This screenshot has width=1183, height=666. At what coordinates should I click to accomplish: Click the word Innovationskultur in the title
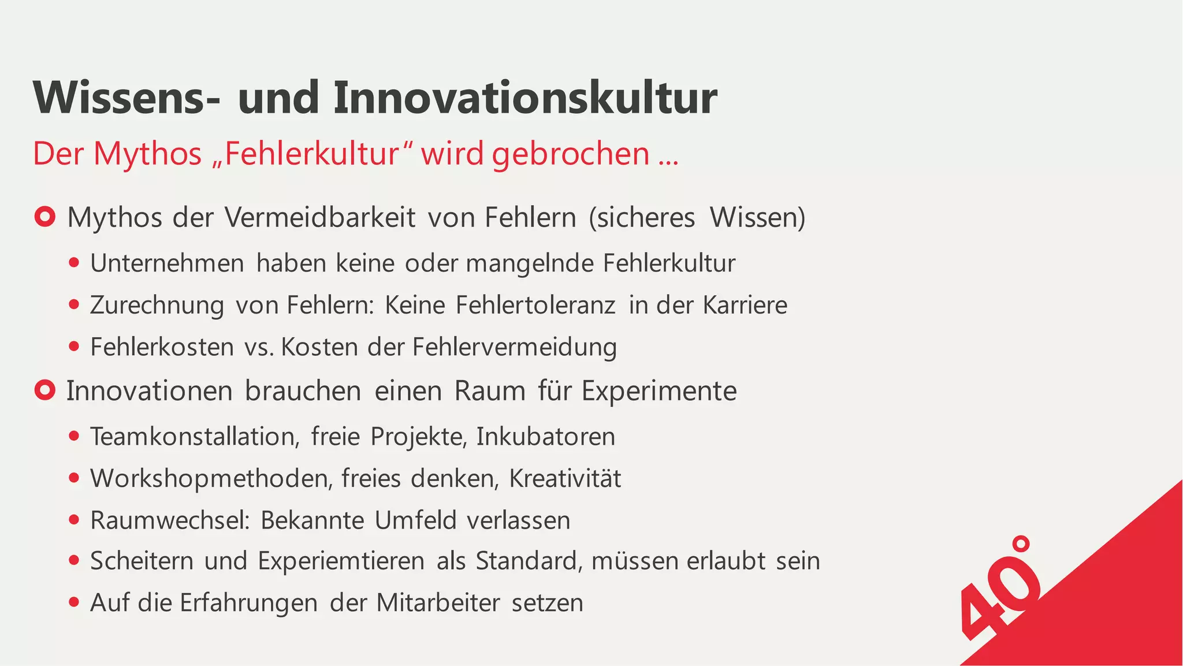pyautogui.click(x=524, y=98)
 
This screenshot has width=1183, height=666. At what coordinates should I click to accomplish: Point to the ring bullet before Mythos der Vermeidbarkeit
pyautogui.click(x=44, y=217)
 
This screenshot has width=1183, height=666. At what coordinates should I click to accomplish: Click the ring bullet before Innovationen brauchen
pyautogui.click(x=44, y=390)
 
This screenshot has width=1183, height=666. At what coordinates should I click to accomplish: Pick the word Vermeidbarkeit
pyautogui.click(x=320, y=218)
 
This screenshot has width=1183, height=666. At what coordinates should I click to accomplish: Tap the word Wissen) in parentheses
pyautogui.click(x=757, y=218)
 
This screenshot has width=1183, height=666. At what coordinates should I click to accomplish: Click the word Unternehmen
pyautogui.click(x=167, y=263)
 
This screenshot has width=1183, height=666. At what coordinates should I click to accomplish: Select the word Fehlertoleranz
pyautogui.click(x=535, y=305)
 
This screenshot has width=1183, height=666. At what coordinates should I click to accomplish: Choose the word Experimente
pyautogui.click(x=659, y=391)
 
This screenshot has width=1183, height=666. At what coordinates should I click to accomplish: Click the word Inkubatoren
pyautogui.click(x=546, y=436)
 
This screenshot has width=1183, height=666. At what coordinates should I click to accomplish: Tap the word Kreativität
pyautogui.click(x=565, y=478)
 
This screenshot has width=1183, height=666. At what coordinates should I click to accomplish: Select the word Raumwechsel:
pyautogui.click(x=170, y=520)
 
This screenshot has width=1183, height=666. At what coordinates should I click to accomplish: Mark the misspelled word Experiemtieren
pyautogui.click(x=341, y=561)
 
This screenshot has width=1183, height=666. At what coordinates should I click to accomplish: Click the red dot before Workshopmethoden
pyautogui.click(x=73, y=478)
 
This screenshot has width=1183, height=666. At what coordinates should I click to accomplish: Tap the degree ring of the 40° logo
pyautogui.click(x=1021, y=544)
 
